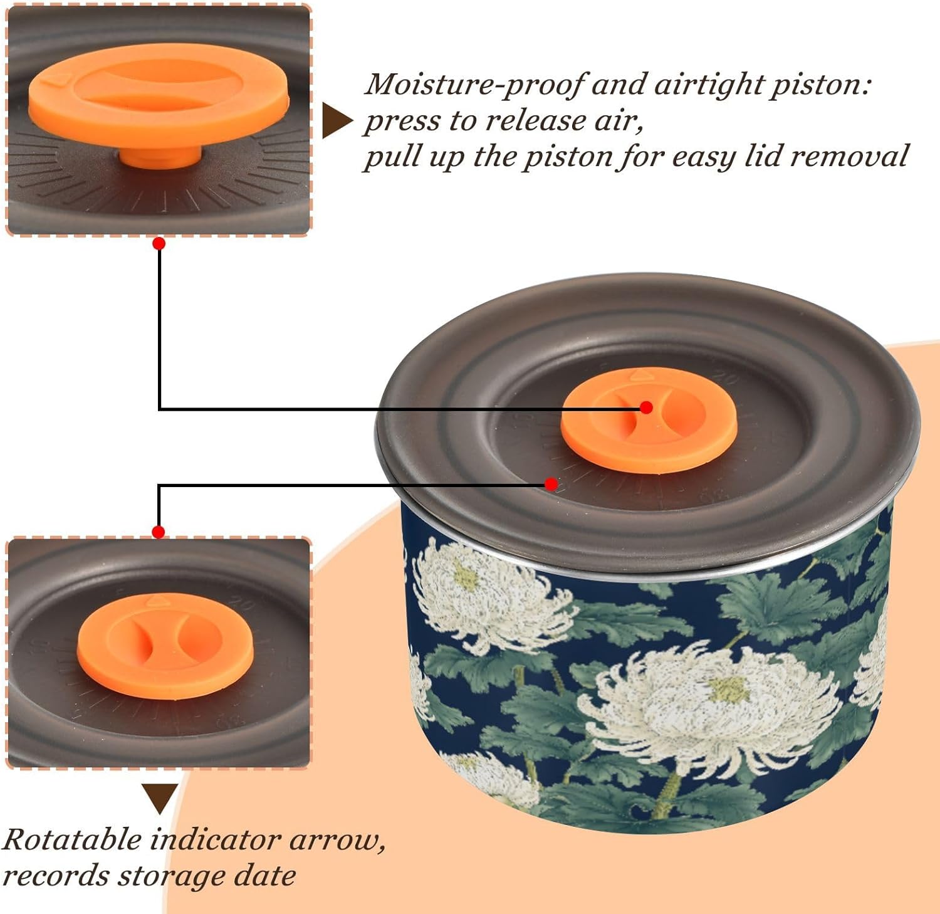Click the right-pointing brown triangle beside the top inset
coord(337,120)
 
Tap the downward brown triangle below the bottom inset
coord(160,797)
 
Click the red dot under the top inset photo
coord(159,243)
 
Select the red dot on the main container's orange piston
coord(646,407)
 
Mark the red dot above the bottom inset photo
coord(159,532)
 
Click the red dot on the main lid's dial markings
coord(551,484)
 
